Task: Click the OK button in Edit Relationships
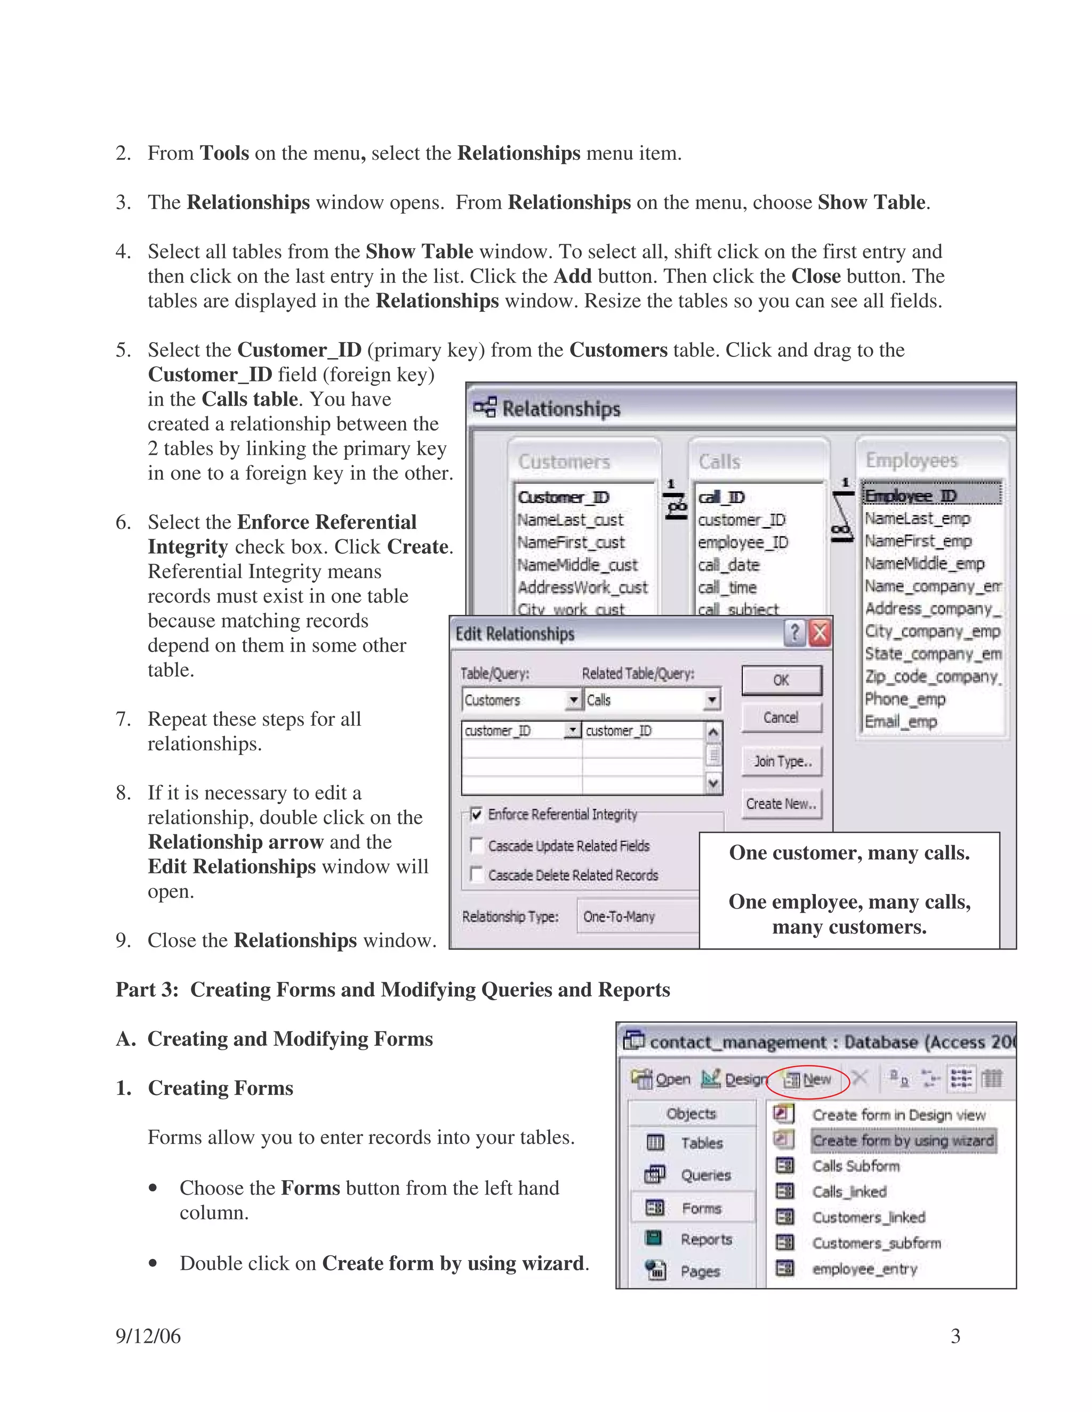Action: pos(781,680)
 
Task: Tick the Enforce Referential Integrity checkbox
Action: pos(477,814)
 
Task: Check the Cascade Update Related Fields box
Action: pos(477,845)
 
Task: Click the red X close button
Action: pos(820,633)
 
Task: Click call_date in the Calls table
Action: pos(728,564)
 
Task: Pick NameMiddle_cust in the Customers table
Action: pos(577,564)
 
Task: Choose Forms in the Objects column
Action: pos(701,1208)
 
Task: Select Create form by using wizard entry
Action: pos(903,1140)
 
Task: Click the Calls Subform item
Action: pos(855,1166)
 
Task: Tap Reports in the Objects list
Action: pos(706,1239)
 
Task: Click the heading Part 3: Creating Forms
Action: pos(392,989)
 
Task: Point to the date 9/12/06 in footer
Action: pos(148,1336)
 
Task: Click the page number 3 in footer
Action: pos(955,1336)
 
